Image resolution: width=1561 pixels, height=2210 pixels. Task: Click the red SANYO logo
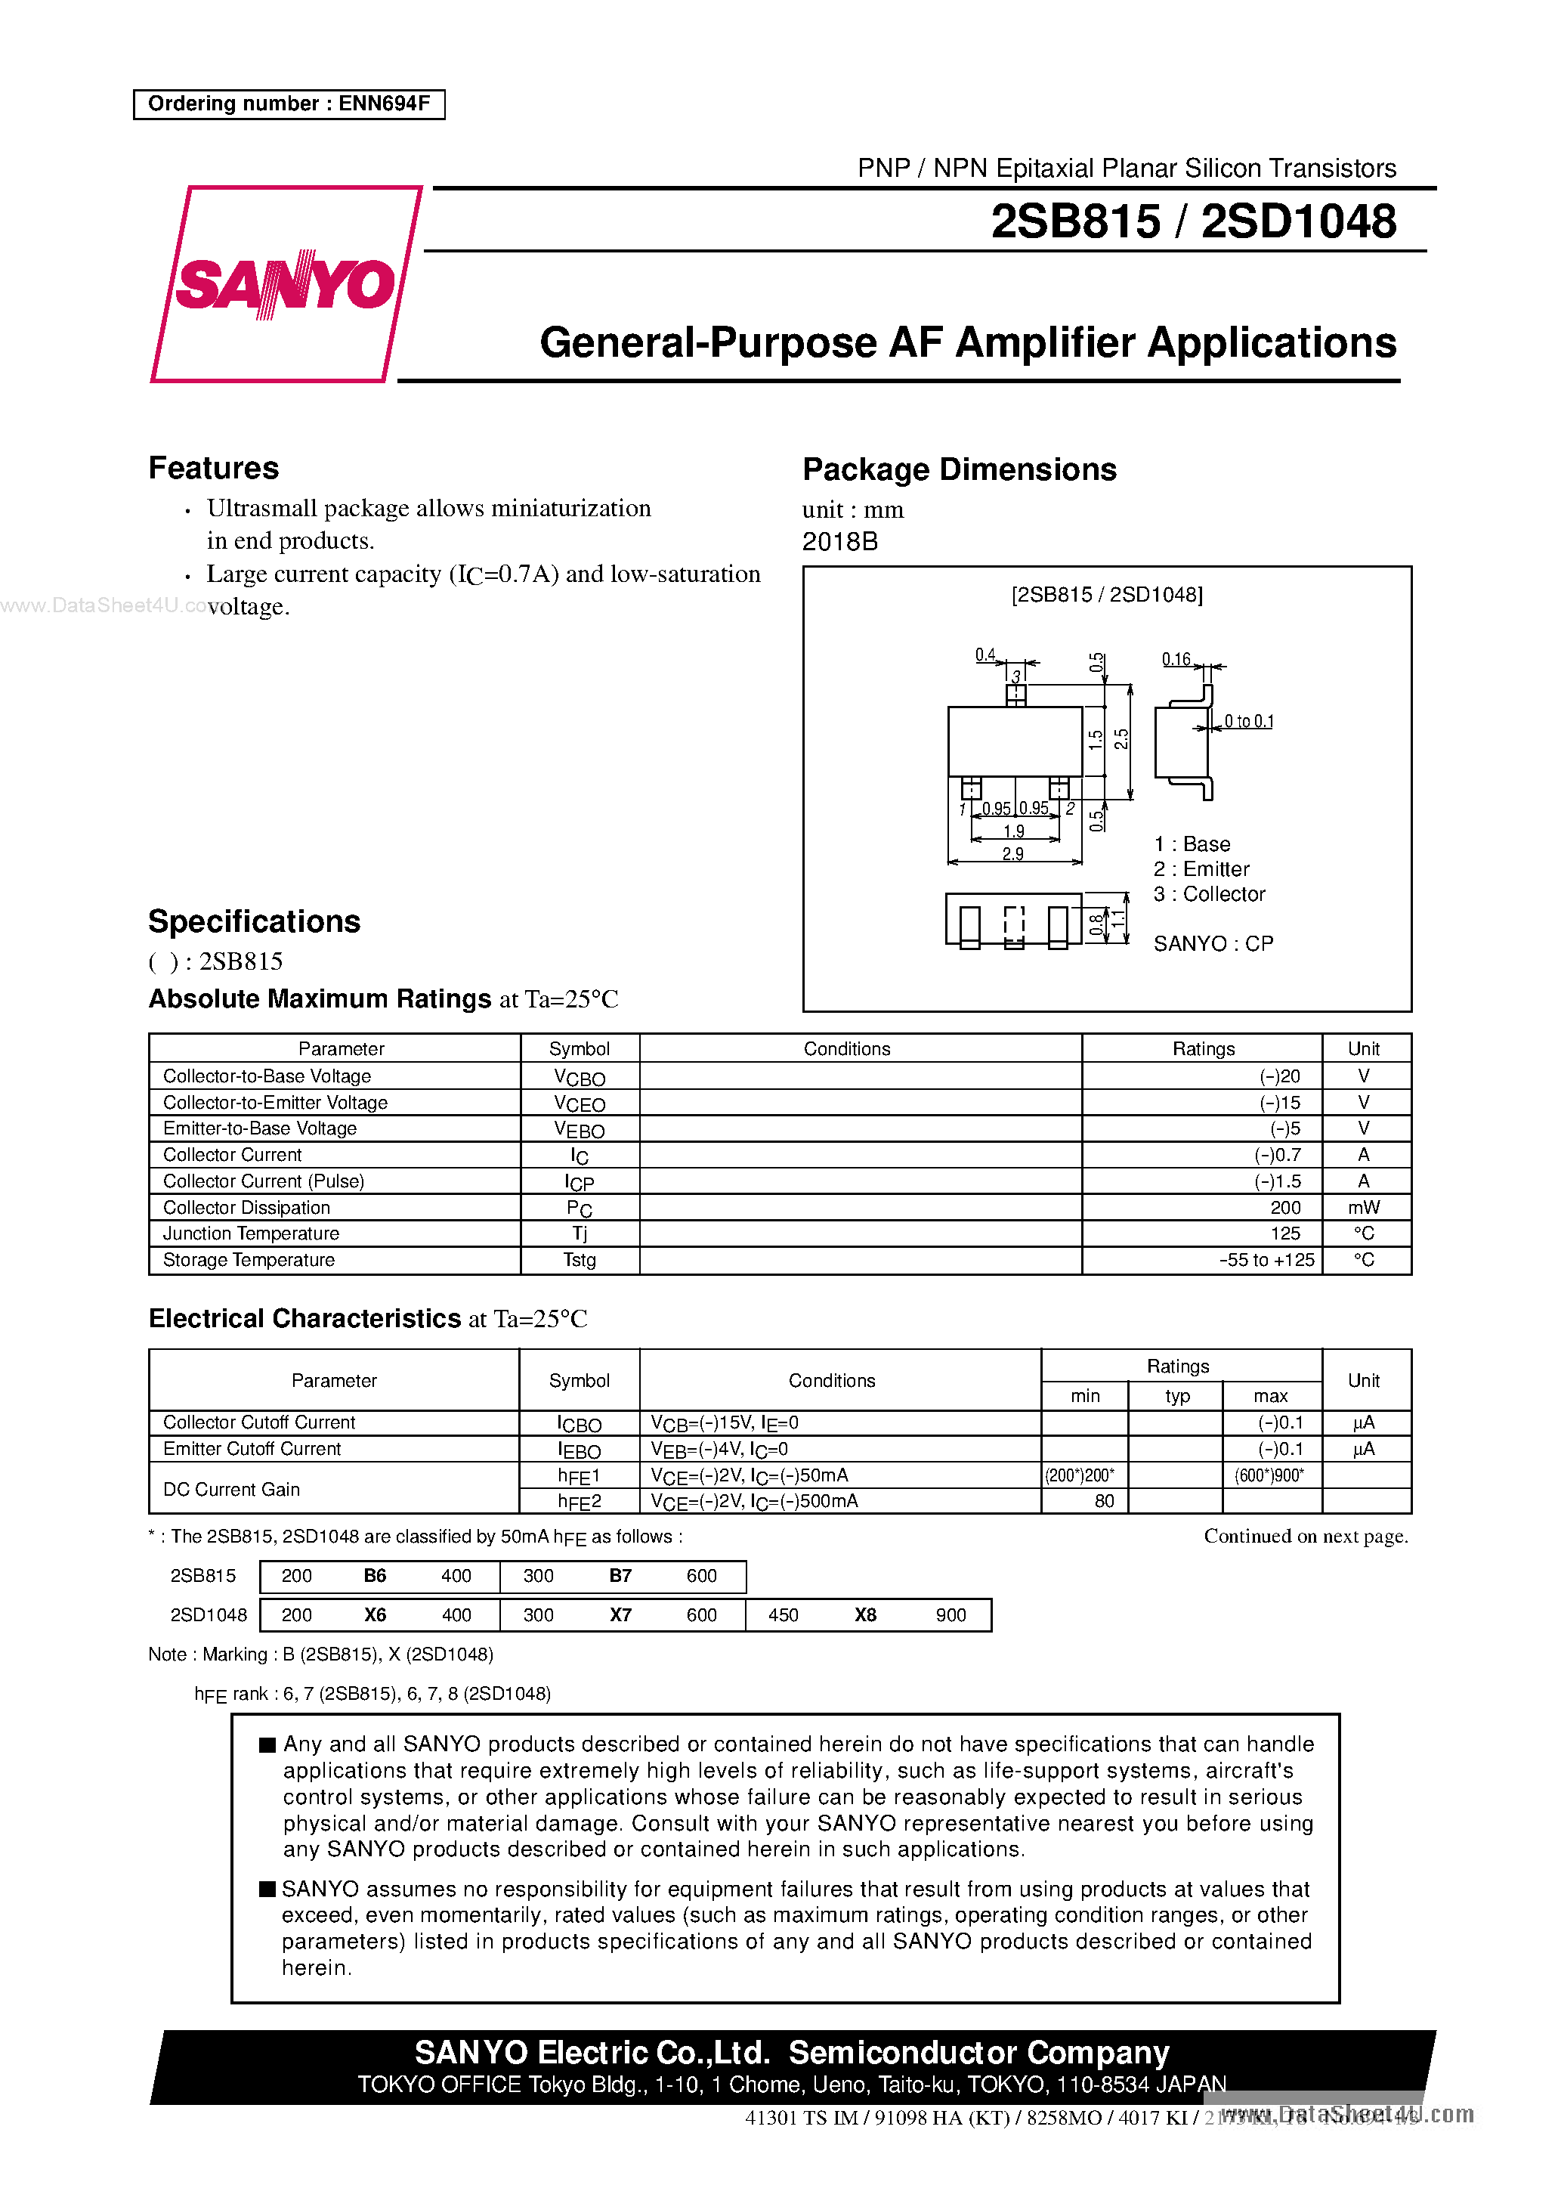coord(285,284)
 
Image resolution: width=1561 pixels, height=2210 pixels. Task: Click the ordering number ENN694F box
coord(289,104)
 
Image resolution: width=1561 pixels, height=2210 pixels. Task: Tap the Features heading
coord(214,468)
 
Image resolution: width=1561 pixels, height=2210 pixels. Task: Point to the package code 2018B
coord(839,542)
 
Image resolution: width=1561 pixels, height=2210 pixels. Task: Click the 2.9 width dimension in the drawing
coord(1012,854)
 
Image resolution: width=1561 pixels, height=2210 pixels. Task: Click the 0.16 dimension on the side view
coord(1176,659)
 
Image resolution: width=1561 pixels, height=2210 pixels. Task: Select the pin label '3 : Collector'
coord(1209,894)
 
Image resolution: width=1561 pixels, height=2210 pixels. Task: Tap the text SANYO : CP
coord(1213,943)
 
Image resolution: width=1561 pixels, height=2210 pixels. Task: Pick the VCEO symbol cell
coord(580,1103)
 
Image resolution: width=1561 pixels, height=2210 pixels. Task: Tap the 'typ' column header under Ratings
coord(1177,1396)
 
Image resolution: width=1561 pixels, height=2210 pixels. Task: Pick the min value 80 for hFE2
coord(1104,1500)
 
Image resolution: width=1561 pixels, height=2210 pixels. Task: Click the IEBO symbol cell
coord(580,1450)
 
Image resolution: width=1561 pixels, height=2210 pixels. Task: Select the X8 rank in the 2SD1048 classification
coord(865,1615)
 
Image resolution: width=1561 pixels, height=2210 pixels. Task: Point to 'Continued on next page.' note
coord(1305,1537)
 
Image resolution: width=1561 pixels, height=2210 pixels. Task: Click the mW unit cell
coord(1363,1207)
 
